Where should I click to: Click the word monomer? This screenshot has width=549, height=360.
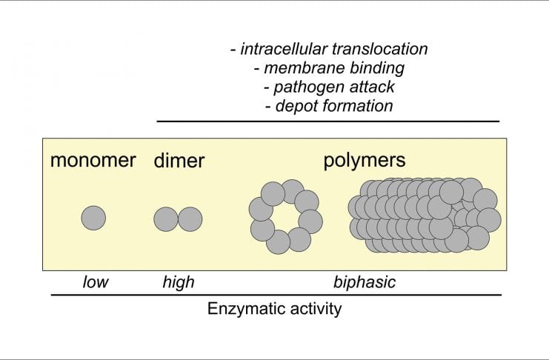93,161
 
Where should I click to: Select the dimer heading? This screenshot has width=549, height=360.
179,161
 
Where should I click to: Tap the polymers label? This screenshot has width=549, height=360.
365,161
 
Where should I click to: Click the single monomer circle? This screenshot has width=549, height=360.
93,219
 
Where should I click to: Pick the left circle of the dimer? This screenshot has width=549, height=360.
166,219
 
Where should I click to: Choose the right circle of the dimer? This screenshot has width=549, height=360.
190,219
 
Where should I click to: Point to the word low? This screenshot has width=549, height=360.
95,282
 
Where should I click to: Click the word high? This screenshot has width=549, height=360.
178,282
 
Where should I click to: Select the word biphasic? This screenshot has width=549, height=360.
365,282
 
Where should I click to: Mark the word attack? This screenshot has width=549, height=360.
370,87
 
